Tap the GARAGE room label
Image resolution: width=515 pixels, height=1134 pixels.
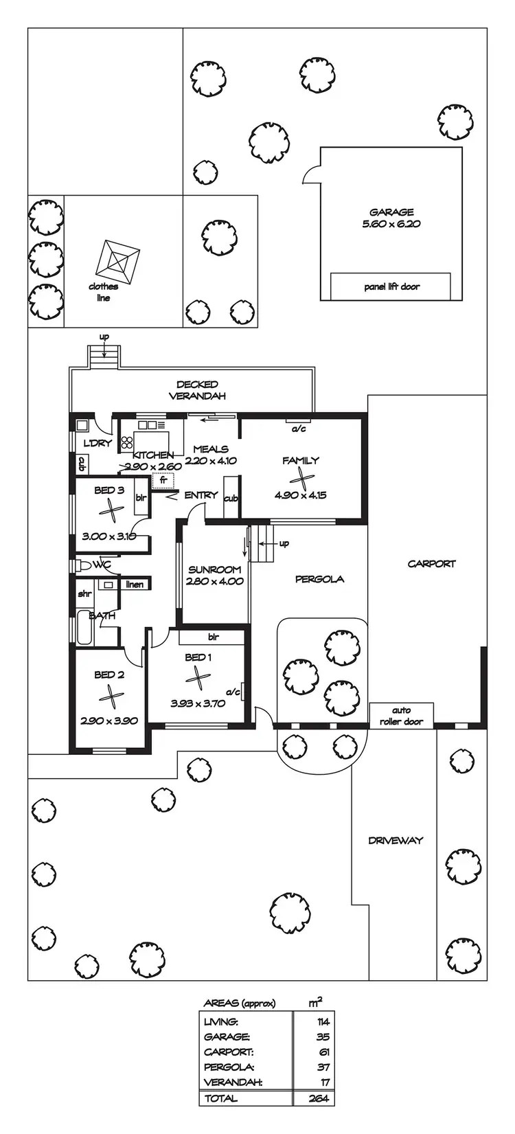[391, 212]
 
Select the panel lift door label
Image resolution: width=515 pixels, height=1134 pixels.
[391, 286]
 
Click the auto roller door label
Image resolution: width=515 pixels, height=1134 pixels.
[402, 716]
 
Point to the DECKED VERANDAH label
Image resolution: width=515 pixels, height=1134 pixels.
[197, 390]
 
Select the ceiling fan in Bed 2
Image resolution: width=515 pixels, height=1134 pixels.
[110, 697]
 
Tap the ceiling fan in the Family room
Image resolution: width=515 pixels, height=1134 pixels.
[301, 477]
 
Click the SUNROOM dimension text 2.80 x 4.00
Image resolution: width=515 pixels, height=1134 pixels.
[214, 581]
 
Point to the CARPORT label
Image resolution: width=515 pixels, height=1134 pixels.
[431, 564]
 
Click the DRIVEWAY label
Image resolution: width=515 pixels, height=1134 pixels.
[396, 840]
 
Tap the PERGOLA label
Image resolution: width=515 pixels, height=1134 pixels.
[320, 579]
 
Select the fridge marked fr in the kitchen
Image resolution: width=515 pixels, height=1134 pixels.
[163, 480]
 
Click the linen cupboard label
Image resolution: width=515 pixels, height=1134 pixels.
[135, 585]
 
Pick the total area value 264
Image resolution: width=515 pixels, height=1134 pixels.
[319, 1098]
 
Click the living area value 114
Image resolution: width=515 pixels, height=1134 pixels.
[323, 1022]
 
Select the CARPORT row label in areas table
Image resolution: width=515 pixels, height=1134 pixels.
[229, 1052]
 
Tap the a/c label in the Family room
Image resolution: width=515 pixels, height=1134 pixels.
[299, 429]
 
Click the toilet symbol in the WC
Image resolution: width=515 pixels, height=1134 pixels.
[82, 565]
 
